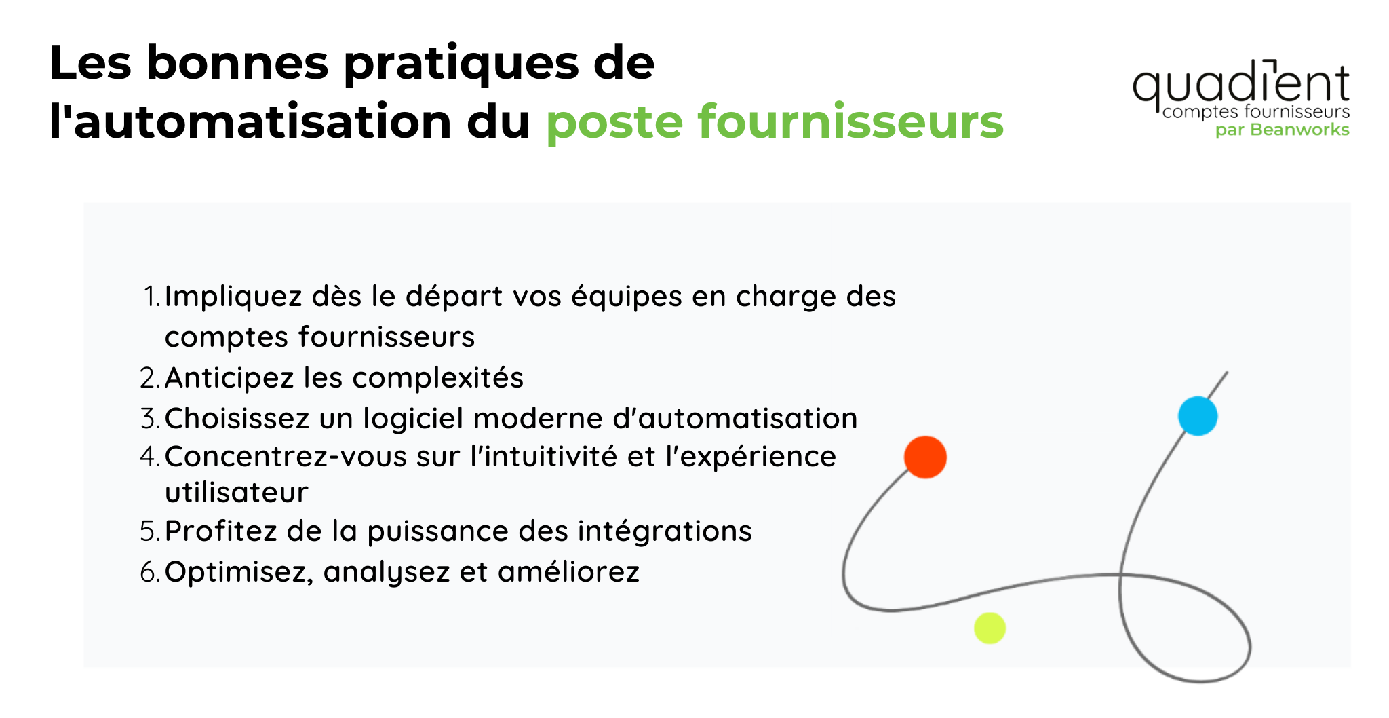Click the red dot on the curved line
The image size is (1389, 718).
click(x=925, y=457)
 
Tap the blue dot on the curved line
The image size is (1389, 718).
click(x=1197, y=415)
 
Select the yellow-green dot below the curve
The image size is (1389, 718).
click(x=990, y=628)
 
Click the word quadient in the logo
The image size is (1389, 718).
click(x=1240, y=86)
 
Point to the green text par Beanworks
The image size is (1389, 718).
click(x=1282, y=130)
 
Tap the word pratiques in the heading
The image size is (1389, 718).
click(x=461, y=64)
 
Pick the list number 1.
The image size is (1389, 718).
click(x=152, y=297)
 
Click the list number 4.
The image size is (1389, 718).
click(x=150, y=456)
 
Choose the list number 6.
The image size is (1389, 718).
click(x=150, y=572)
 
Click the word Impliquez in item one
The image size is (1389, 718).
click(x=233, y=297)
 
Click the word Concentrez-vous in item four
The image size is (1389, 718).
click(x=286, y=456)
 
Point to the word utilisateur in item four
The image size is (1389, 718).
click(x=236, y=492)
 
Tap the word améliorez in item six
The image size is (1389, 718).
click(x=568, y=571)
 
